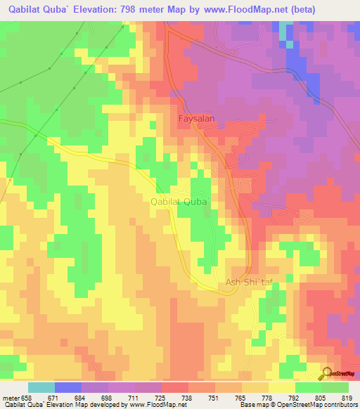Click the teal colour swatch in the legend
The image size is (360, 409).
pos(41,387)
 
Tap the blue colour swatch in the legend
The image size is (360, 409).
pos(67,387)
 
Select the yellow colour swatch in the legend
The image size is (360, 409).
pos(281,387)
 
